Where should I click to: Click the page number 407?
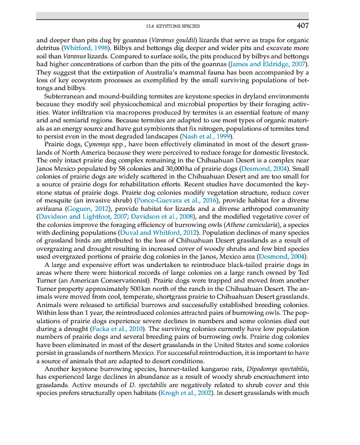[x=302, y=26]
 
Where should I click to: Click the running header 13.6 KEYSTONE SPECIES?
[x=172, y=26]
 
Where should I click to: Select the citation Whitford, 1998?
[x=83, y=48]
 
